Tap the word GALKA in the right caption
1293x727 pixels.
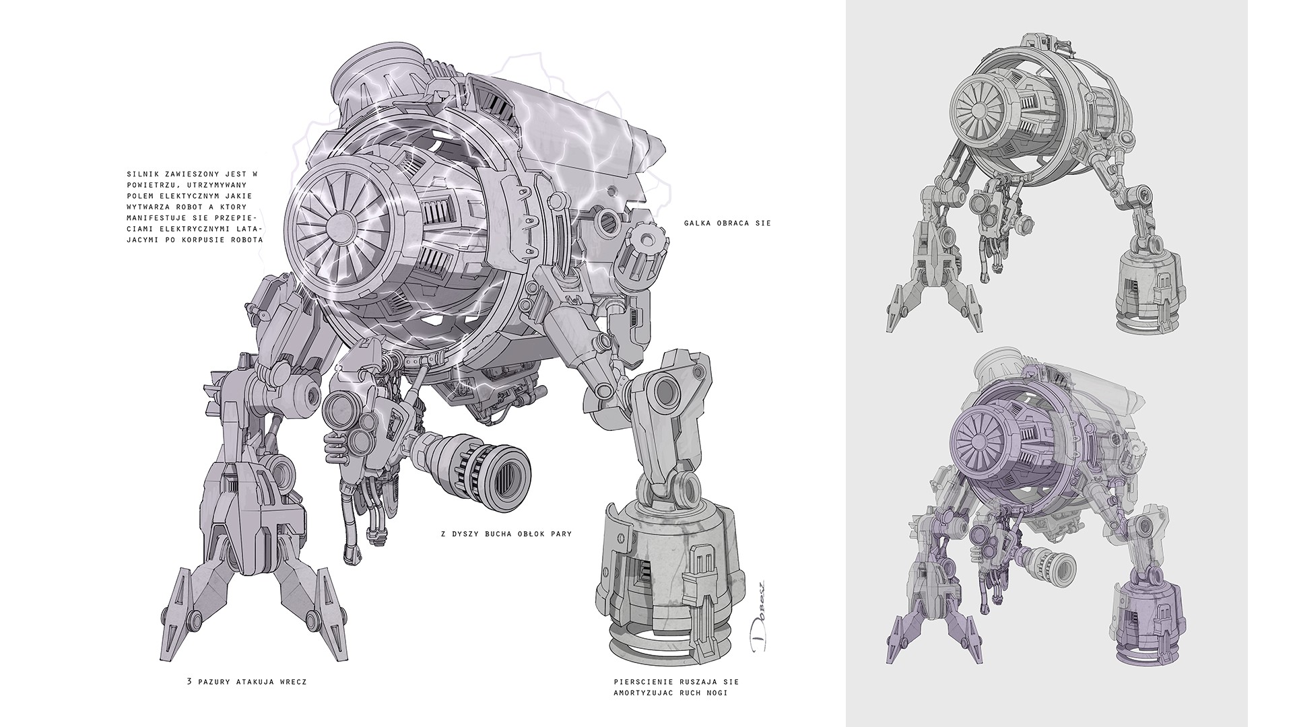click(696, 223)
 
